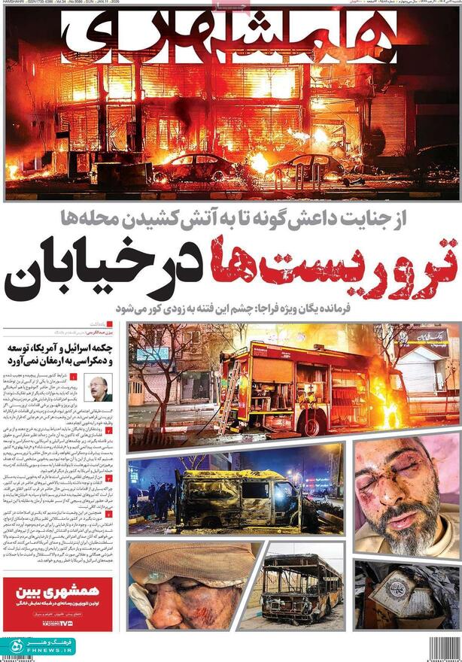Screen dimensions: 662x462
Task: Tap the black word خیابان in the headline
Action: [102, 269]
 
